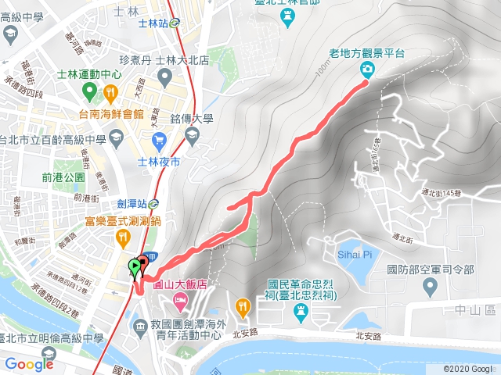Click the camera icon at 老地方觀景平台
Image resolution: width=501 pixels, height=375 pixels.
367,69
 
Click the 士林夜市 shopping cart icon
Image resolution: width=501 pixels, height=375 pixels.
160,141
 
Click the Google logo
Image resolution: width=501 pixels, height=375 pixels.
29,363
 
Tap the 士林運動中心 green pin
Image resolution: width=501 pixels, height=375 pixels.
89,92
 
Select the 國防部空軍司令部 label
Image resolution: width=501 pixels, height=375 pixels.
431,270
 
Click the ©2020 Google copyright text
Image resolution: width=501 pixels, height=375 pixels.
467,368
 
